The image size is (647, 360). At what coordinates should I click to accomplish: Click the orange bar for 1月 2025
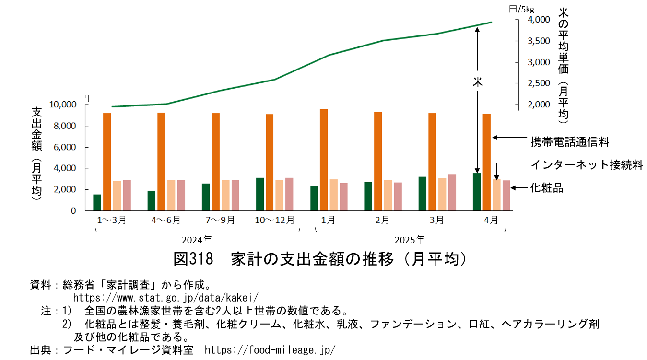(324, 160)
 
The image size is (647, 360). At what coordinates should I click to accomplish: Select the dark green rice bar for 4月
(477, 192)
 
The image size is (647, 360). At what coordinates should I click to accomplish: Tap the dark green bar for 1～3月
(97, 202)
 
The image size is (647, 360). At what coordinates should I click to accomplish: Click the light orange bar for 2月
(388, 195)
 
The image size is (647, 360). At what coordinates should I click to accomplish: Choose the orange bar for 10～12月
(270, 163)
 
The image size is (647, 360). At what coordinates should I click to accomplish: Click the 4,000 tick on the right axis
(539, 20)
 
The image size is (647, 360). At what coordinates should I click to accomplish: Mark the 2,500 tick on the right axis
(539, 83)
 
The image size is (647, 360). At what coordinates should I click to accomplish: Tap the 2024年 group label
(197, 238)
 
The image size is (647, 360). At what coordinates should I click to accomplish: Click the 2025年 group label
(410, 238)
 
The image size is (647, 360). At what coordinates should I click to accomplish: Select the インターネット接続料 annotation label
(586, 165)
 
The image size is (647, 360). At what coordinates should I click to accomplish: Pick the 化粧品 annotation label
(547, 188)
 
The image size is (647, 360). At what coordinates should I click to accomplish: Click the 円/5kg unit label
(521, 8)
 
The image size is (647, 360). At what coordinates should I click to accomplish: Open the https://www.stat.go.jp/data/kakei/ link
(165, 297)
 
